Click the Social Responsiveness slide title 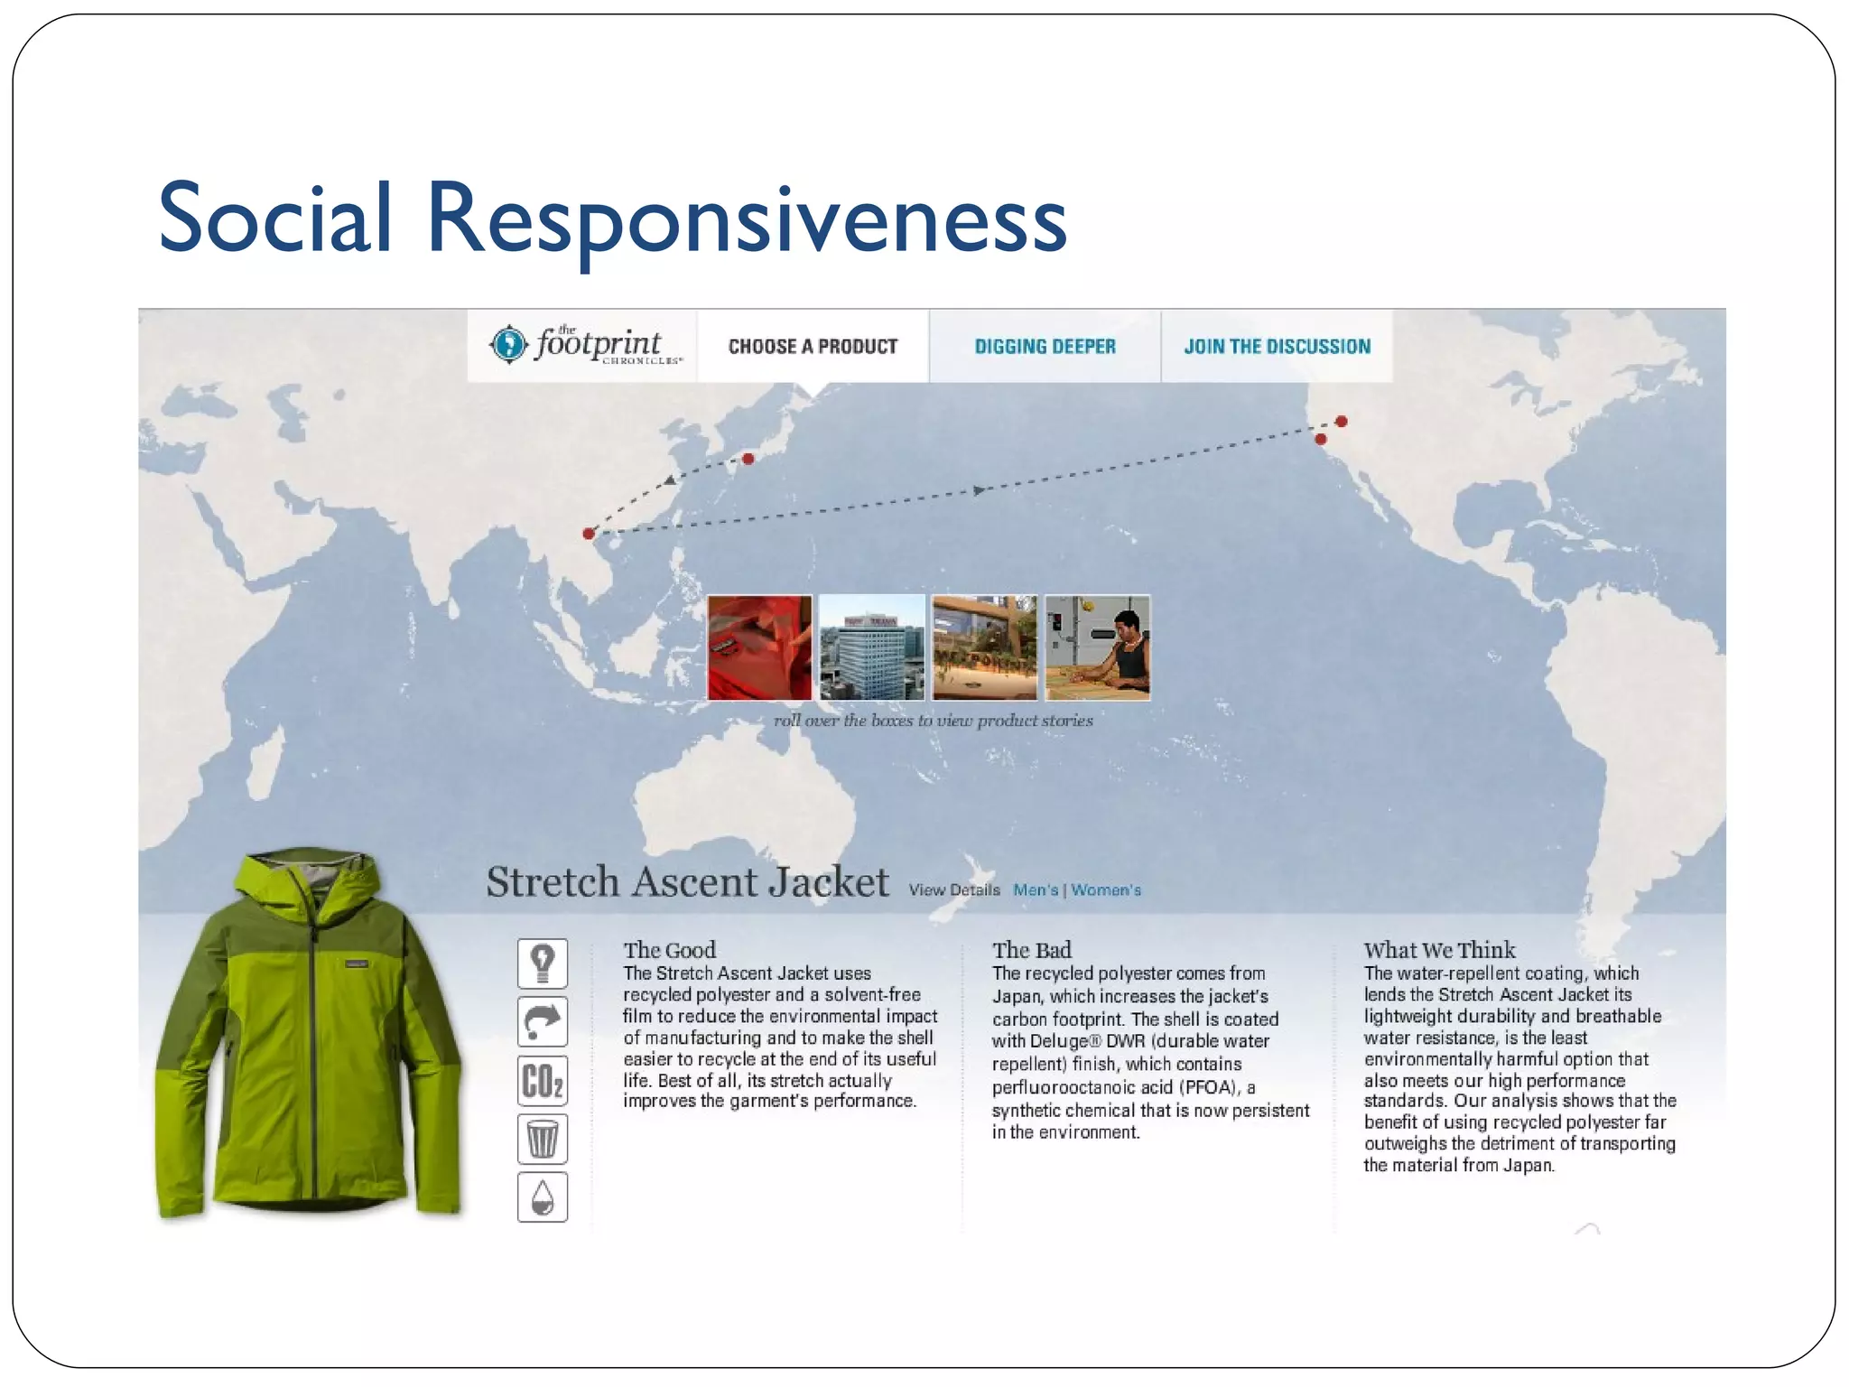point(612,219)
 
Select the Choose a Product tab point(813,347)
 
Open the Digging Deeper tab point(1045,347)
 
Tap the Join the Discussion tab point(1277,347)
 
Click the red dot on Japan point(748,459)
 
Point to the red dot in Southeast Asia point(589,534)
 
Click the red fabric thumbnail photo point(759,647)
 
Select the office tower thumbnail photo point(872,647)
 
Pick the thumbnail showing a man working point(1097,647)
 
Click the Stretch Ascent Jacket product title point(687,882)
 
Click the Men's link point(1035,890)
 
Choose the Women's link point(1106,890)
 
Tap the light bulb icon point(543,963)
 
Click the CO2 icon point(543,1081)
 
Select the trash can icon point(543,1139)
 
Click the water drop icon point(543,1197)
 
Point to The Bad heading point(1031,950)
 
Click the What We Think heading point(1439,950)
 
